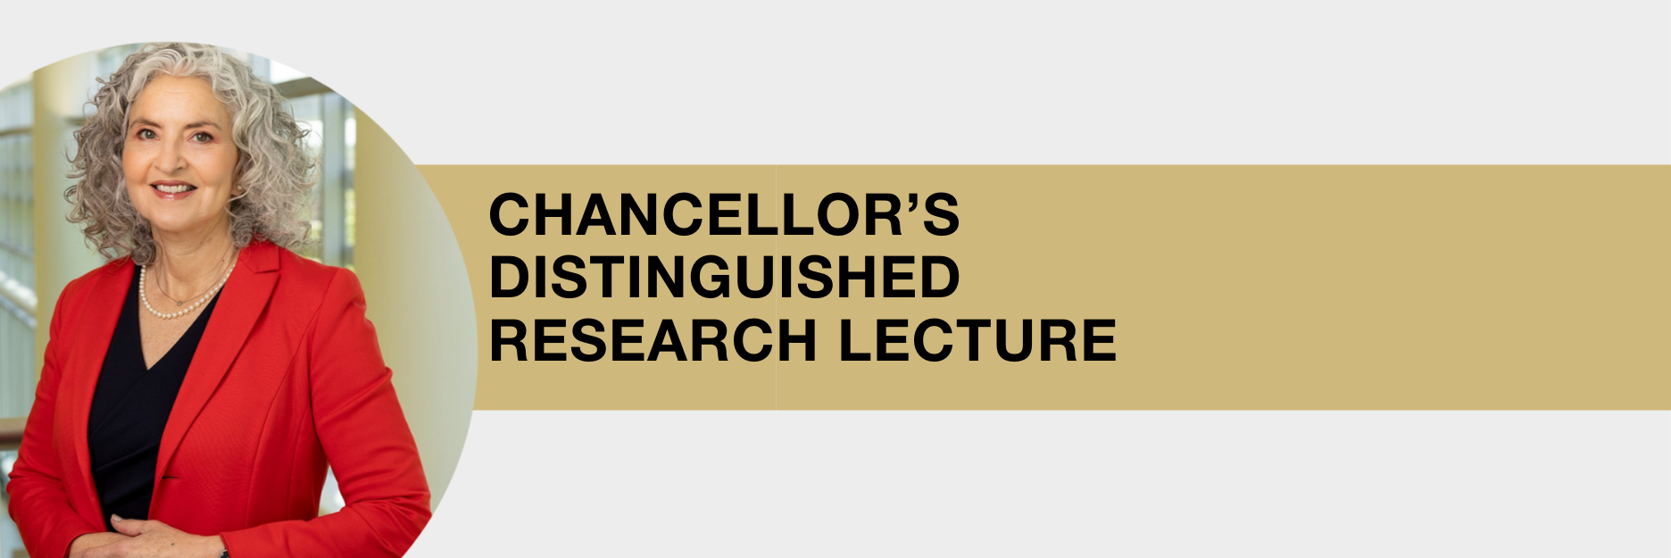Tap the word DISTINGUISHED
(x=724, y=277)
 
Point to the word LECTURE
(x=977, y=340)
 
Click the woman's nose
(x=173, y=161)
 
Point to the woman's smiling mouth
(x=173, y=189)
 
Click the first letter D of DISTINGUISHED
(x=510, y=277)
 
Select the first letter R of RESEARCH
(x=510, y=340)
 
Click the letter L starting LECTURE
(x=856, y=340)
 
